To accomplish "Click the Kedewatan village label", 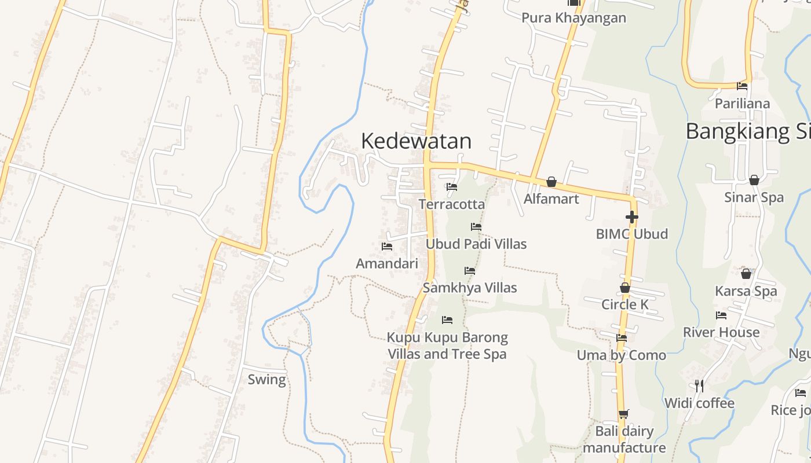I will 416,141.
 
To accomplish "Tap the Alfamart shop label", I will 551,199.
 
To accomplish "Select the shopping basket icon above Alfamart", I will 551,182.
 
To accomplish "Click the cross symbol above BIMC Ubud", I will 631,218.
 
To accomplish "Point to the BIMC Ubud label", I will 631,234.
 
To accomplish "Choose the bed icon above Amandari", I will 387,247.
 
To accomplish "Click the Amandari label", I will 386,264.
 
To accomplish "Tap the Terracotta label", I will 451,204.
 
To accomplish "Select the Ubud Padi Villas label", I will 476,244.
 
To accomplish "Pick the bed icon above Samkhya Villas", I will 469,271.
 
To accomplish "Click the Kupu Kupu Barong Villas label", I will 447,346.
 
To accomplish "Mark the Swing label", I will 266,380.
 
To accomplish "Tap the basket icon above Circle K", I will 624,288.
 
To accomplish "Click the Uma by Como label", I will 621,355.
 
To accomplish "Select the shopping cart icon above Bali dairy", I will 623,414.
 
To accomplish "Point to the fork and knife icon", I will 699,385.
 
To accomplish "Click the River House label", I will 721,333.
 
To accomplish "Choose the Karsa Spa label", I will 746,291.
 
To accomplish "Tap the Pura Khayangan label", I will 573,18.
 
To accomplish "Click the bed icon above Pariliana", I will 742,87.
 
